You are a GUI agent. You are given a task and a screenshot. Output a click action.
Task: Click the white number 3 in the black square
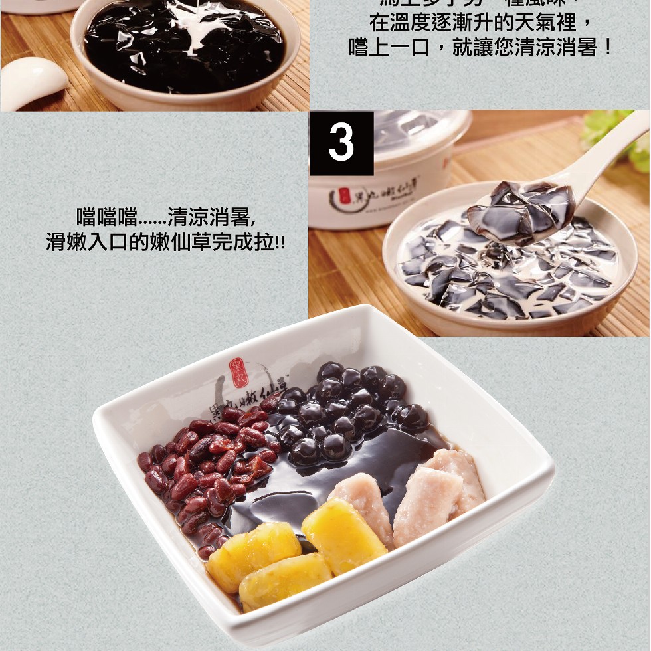[x=341, y=143]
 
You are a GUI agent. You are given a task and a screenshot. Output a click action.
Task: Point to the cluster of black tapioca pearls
[x=345, y=412]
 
